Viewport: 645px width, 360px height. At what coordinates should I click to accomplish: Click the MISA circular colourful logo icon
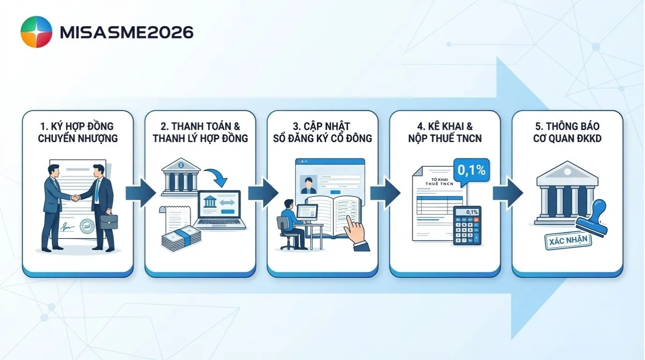36,32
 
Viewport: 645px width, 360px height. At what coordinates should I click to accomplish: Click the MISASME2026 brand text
127,32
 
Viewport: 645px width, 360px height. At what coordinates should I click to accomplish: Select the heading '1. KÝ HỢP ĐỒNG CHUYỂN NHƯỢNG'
78,132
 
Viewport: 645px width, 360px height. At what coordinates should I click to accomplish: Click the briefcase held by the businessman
108,221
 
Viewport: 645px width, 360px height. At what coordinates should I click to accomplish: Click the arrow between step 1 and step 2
140,193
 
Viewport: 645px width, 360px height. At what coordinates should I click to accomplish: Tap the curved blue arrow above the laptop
217,176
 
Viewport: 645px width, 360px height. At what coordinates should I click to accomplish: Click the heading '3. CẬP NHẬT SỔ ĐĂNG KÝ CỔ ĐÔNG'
322,132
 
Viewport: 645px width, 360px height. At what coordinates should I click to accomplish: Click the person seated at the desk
289,223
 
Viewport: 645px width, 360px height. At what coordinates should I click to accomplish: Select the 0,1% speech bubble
471,170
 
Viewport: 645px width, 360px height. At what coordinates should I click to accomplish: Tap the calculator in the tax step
467,226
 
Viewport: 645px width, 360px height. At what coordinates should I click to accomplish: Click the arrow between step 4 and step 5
507,193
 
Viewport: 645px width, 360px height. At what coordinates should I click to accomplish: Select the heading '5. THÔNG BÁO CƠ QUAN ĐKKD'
568,132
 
